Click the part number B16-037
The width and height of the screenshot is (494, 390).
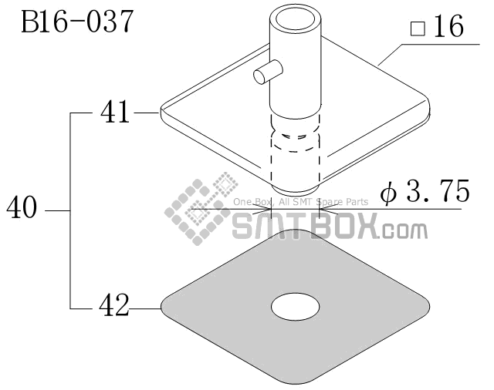tap(77, 21)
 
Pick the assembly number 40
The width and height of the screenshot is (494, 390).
tap(22, 208)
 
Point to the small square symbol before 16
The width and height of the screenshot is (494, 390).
tap(418, 29)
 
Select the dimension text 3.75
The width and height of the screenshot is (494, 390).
tap(431, 192)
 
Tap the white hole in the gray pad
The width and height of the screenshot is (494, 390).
tap(295, 306)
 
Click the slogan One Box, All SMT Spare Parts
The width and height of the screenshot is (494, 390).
tap(301, 202)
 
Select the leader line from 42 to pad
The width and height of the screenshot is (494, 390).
tap(145, 308)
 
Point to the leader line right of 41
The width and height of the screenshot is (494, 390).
tap(146, 113)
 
